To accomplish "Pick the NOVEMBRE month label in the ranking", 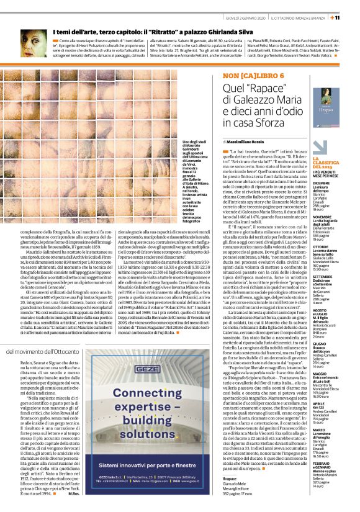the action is click(340, 217).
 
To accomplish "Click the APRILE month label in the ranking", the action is click(336, 403).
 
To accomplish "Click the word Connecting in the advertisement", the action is click(164, 393).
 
